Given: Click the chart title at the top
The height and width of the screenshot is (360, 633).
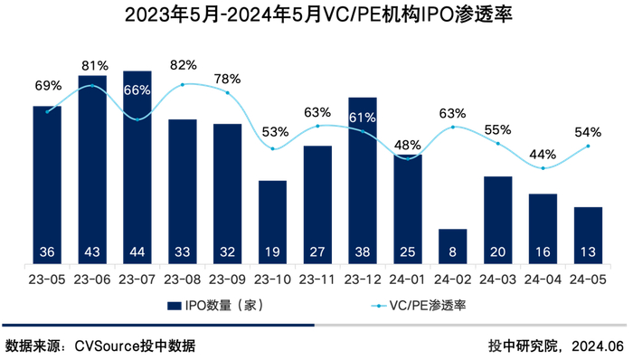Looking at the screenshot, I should (316, 15).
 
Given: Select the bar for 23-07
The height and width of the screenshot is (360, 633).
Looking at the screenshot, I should (137, 167).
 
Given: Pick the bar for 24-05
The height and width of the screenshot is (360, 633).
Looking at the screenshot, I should (588, 235).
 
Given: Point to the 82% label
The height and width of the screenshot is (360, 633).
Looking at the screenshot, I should (183, 65).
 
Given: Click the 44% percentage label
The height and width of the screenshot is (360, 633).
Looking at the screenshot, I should (543, 153).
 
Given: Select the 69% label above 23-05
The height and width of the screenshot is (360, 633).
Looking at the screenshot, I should (48, 85).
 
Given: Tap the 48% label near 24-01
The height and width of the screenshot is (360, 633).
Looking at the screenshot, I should (407, 145).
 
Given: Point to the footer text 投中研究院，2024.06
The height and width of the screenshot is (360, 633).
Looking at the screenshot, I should (555, 346).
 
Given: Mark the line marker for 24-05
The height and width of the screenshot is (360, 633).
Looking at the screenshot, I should (588, 146).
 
